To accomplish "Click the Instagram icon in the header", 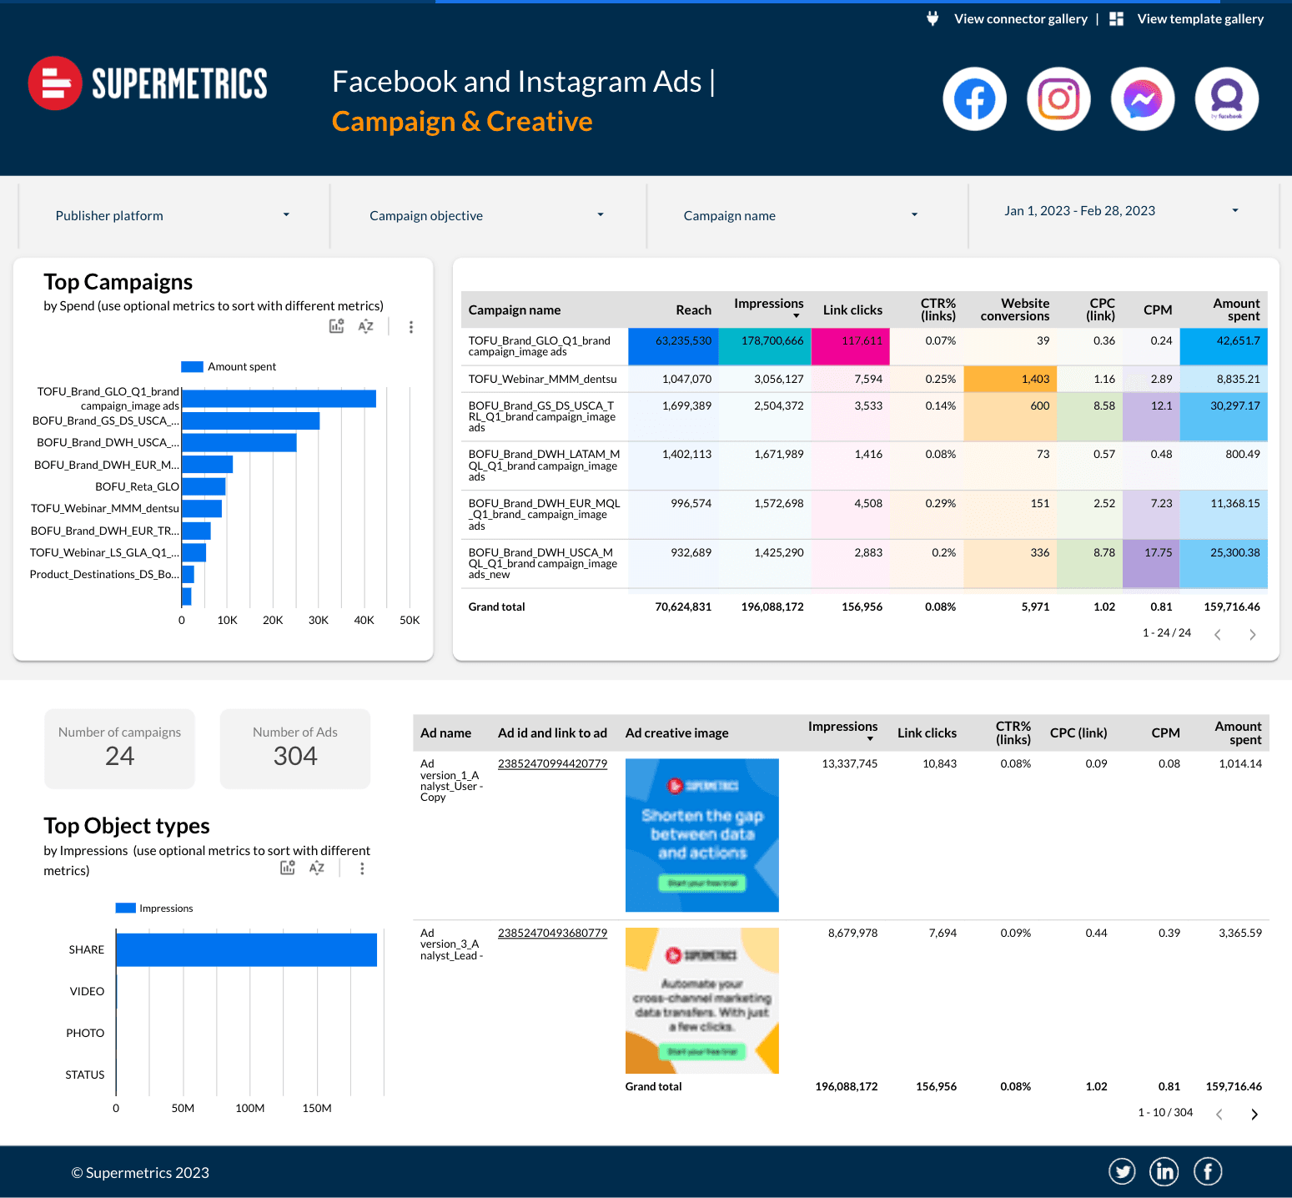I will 1058,99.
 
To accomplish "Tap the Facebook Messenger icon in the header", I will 1143,99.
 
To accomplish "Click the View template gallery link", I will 1199,19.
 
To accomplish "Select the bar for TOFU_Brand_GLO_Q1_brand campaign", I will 279,399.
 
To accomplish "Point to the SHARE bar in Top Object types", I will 246,950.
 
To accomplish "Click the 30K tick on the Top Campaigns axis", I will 318,621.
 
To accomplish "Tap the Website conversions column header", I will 1014,310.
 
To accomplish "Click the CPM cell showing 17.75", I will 1158,553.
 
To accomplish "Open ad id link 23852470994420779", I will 552,764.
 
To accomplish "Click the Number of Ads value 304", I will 295,756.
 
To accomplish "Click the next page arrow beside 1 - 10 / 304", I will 1254,1115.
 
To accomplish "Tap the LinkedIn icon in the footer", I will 1164,1172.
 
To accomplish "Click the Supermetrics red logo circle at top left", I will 55,83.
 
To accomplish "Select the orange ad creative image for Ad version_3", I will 701,1000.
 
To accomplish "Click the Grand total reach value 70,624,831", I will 682,607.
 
